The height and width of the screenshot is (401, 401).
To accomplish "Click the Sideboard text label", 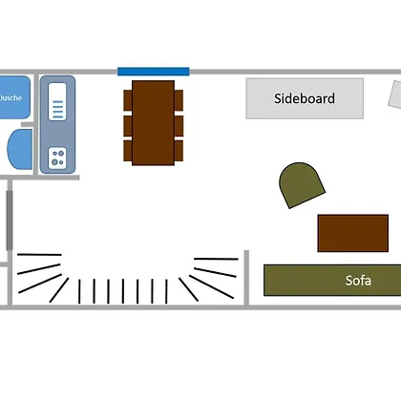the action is [x=305, y=98].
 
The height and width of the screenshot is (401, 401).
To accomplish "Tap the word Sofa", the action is [x=358, y=281].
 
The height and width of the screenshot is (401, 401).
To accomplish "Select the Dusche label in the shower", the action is [x=11, y=97].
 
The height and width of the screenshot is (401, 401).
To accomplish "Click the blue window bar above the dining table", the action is [x=154, y=72].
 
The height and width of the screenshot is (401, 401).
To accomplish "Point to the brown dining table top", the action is [x=153, y=123].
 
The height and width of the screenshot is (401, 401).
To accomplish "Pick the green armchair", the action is [x=301, y=184].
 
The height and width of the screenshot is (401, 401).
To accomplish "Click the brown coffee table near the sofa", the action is [x=353, y=233].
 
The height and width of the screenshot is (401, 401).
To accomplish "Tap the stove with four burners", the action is [x=57, y=158].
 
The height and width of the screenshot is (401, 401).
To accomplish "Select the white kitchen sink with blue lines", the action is [x=57, y=101].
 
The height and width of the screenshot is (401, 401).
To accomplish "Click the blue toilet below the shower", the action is [x=20, y=149].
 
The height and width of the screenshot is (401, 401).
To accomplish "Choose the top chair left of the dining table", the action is [x=128, y=100].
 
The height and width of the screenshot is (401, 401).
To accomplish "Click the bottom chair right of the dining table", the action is [x=179, y=151].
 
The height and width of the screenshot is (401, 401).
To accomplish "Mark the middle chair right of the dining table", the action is [x=179, y=126].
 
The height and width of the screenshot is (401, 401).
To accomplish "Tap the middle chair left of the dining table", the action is [x=128, y=126].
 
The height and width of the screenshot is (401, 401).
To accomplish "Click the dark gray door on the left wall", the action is [x=10, y=221].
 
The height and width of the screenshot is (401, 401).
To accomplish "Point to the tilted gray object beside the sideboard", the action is [x=395, y=95].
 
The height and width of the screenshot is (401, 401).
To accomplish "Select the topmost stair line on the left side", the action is [x=39, y=255].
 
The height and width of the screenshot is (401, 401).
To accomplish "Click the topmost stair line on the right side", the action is [x=216, y=259].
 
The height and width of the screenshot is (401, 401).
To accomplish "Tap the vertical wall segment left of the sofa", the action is [x=246, y=278].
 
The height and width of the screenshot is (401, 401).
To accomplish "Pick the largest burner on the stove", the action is [x=54, y=162].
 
